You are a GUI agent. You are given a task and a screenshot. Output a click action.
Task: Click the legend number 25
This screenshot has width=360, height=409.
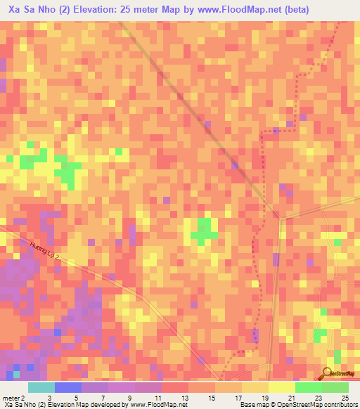point(345,398)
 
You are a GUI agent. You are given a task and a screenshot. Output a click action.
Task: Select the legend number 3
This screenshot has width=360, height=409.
point(49,398)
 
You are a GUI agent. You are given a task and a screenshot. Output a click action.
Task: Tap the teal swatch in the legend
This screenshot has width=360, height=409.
point(41,387)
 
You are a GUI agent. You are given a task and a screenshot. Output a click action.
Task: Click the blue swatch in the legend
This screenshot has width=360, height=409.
point(68,387)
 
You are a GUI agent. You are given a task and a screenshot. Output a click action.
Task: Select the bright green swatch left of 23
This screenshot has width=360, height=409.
point(309,387)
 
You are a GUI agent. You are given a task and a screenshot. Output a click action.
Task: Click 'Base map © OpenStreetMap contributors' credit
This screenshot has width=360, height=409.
point(299,405)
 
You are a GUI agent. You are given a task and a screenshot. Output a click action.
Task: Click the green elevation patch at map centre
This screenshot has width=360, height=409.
point(204,231)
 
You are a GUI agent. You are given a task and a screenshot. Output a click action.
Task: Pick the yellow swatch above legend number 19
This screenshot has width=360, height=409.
point(255,387)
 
